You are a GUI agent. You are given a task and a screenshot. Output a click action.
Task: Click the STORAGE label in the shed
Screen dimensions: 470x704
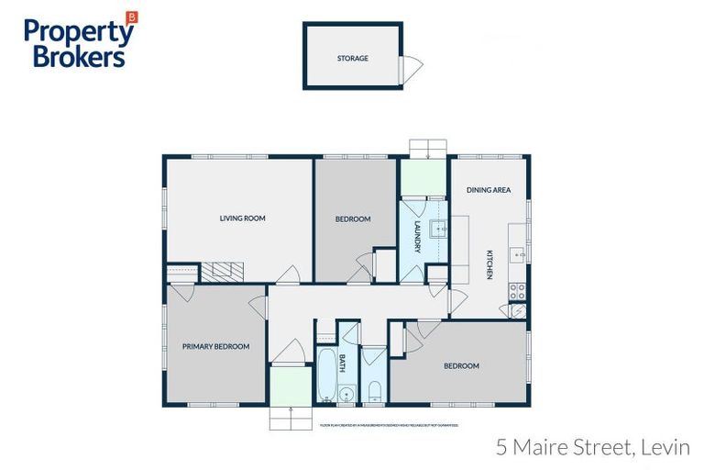coord(352,58)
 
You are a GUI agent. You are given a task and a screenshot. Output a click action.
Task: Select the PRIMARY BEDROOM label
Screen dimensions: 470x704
coord(215,346)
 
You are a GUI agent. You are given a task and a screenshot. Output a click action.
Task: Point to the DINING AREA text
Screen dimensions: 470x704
coord(489,190)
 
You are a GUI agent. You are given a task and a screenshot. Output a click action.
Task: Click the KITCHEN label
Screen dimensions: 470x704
coord(490,264)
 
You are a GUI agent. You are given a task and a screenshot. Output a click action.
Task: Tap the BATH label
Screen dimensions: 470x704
coord(341,363)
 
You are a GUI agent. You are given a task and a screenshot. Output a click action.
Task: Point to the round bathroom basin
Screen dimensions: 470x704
coord(346,396)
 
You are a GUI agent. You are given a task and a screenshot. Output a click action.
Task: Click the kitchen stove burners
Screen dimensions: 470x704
coord(517,291)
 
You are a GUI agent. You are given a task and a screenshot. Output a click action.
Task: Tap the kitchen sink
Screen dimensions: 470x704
coord(518,254)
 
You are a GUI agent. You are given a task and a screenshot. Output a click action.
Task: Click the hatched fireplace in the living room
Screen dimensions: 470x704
coord(224,271)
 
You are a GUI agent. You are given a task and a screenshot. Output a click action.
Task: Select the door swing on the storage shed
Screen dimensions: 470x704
coord(413,66)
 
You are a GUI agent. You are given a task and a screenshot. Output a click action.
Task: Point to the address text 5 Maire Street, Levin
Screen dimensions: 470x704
coord(592,448)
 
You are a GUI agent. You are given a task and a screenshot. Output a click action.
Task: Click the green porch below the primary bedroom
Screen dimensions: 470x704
coord(291,386)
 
